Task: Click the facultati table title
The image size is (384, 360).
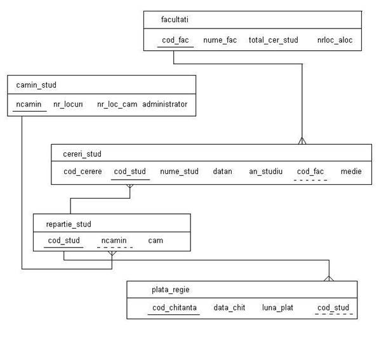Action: pos(175,19)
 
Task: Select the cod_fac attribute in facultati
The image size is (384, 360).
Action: pos(175,40)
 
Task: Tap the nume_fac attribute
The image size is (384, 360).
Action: pos(220,40)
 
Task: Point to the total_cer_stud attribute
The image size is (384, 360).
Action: pos(274,40)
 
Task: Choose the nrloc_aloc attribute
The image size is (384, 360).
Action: pos(334,40)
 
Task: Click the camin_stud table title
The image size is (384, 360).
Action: pos(36,85)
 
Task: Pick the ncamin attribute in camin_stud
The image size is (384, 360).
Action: pos(29,104)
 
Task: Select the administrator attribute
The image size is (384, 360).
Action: pos(165,104)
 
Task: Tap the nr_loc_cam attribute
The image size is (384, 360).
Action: pos(117,104)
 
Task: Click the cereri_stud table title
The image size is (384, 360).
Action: pos(82,154)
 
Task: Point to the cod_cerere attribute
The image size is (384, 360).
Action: pos(83,171)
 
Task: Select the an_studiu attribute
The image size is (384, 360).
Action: pos(266,171)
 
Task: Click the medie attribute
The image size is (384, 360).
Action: pos(351,171)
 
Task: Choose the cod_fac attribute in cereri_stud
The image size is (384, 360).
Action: pos(310,171)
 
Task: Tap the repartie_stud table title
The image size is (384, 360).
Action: pos(69,224)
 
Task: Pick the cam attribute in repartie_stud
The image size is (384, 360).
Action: pos(156,241)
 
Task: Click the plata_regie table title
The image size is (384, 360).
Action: pos(171,290)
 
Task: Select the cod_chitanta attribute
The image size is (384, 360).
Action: pos(175,307)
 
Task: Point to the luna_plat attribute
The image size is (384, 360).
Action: pos(277,307)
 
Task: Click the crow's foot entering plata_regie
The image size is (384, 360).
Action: pos(329,279)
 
